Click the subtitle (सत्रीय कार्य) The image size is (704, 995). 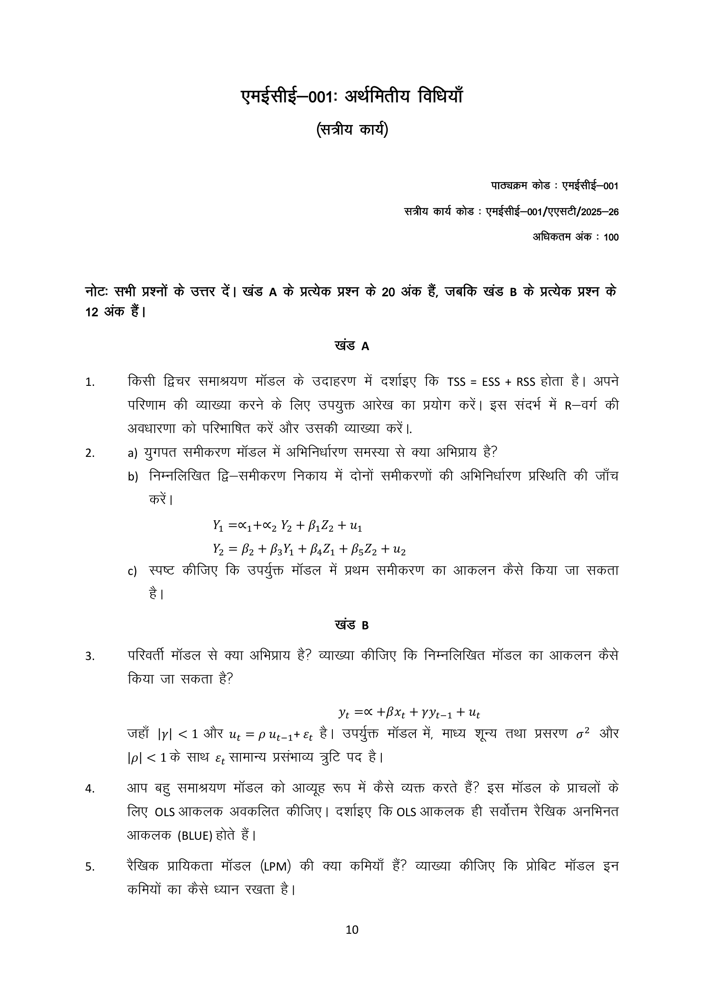[352, 130]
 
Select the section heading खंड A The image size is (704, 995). [352, 346]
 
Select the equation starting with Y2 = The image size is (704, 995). [309, 550]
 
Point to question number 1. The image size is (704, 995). [90, 382]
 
